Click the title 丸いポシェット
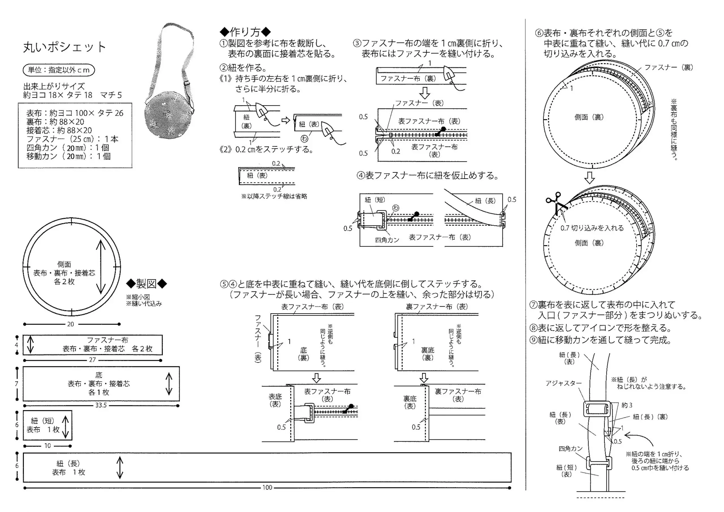click(64, 47)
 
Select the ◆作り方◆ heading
click(245, 32)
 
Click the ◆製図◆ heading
click(146, 284)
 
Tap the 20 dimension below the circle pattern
click(70, 324)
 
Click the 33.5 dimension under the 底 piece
click(101, 405)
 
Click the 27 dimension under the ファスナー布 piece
click(92, 360)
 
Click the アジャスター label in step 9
click(563, 383)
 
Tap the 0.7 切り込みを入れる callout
click(592, 228)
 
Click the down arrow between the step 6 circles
click(589, 178)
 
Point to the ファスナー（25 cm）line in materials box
click(72, 139)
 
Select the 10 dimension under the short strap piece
click(47, 446)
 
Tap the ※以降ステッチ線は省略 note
click(274, 196)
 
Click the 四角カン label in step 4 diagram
click(387, 240)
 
